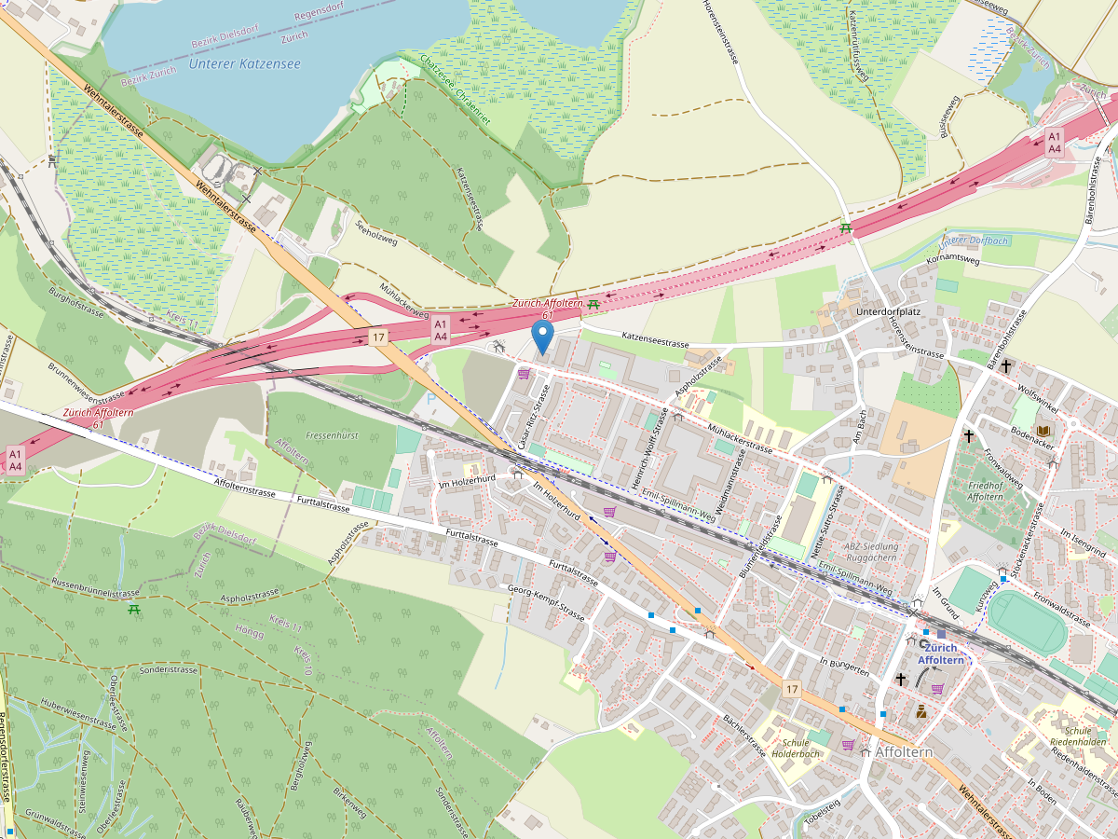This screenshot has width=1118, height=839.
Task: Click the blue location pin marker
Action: [541, 337]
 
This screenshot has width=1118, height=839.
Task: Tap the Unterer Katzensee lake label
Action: [244, 63]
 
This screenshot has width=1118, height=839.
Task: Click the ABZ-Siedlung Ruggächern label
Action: [871, 552]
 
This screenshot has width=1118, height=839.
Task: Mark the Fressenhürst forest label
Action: [332, 435]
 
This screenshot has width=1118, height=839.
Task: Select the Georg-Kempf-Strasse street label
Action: [546, 603]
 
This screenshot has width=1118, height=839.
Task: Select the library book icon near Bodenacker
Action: [1043, 430]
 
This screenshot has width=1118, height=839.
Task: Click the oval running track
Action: [1027, 622]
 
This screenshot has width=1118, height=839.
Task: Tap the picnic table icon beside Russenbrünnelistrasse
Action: [134, 610]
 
